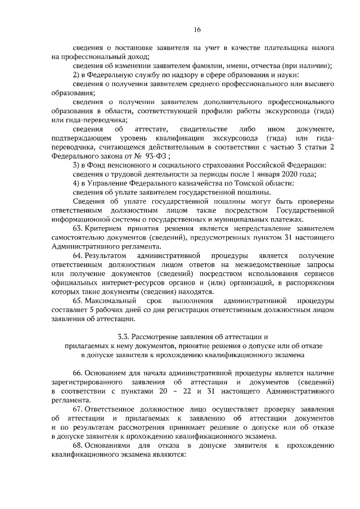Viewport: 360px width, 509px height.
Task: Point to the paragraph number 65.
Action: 79,300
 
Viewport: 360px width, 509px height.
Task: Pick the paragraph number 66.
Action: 79,373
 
